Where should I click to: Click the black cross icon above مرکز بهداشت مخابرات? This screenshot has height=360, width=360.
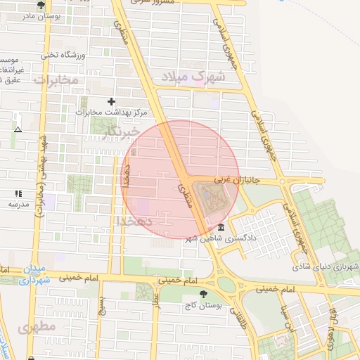point(111,102)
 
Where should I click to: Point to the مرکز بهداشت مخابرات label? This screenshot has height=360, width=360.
point(110,112)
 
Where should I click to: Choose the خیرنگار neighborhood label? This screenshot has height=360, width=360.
point(117,132)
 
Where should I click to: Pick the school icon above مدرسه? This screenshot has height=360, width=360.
point(18,193)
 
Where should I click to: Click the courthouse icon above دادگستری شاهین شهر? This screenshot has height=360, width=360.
point(221,228)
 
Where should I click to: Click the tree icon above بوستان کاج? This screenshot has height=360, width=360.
point(203,295)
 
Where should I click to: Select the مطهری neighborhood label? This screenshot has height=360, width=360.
point(37,328)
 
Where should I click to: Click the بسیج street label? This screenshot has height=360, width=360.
point(103,306)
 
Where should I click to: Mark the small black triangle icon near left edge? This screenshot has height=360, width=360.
point(18,130)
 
